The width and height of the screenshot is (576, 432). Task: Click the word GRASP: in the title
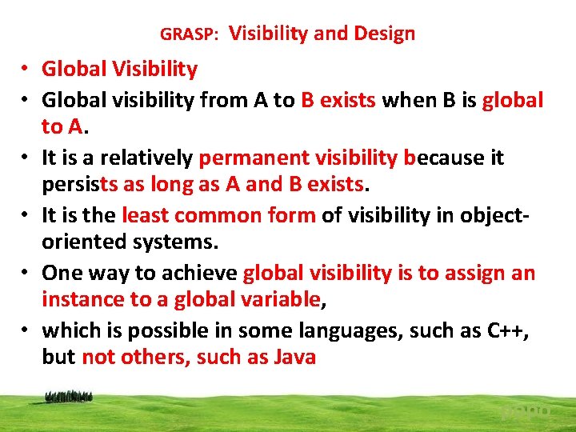pos(190,34)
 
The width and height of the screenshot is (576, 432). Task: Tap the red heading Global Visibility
pos(119,70)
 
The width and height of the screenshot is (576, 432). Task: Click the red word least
pos(145,215)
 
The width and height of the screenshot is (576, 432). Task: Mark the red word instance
pos(82,299)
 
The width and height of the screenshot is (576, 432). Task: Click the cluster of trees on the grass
pos(70,395)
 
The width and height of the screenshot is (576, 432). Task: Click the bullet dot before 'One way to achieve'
pos(26,274)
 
